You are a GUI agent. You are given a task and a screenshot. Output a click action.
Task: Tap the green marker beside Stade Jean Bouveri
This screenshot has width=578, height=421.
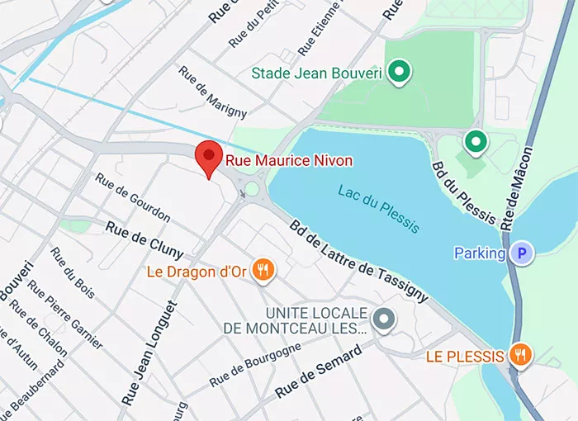click(400, 73)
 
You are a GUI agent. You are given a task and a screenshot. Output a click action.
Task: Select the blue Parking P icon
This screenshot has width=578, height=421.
click(520, 253)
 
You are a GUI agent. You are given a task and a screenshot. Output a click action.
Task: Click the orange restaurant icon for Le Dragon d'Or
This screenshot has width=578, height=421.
click(263, 270)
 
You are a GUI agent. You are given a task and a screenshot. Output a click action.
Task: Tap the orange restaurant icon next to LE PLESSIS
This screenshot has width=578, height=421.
click(521, 356)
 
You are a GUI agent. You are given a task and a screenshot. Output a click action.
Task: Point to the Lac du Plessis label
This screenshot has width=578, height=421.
click(378, 207)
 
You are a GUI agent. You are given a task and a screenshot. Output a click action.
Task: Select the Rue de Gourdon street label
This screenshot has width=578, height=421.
click(132, 198)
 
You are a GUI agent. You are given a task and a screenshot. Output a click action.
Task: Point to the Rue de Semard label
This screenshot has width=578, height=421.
click(318, 372)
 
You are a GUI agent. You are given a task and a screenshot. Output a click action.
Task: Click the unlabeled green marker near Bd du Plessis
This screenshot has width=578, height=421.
click(475, 142)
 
